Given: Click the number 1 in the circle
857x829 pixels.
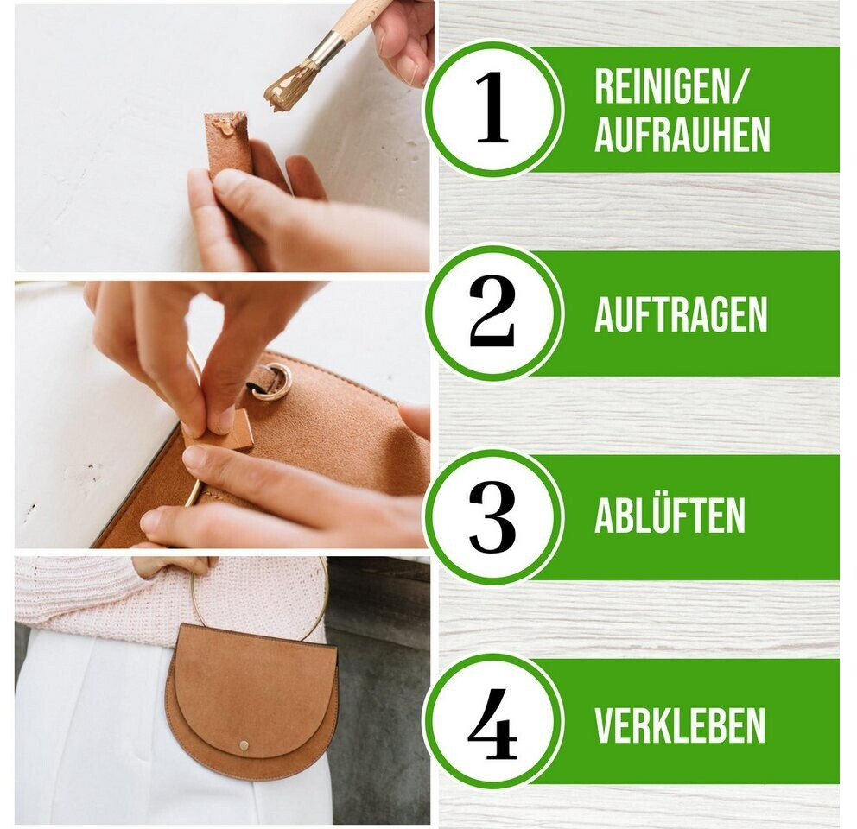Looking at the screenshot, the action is [492, 108].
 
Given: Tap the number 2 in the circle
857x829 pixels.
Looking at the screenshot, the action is [492, 311].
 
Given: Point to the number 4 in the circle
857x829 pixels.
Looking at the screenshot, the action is [492, 723].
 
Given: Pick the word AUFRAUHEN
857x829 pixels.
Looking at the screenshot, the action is [682, 134].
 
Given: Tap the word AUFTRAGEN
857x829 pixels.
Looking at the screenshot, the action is [681, 314].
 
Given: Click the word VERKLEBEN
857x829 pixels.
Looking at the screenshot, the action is [680, 725].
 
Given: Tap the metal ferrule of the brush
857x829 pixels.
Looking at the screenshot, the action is [324, 47].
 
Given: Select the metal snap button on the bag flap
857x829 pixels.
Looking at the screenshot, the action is [244, 745].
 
